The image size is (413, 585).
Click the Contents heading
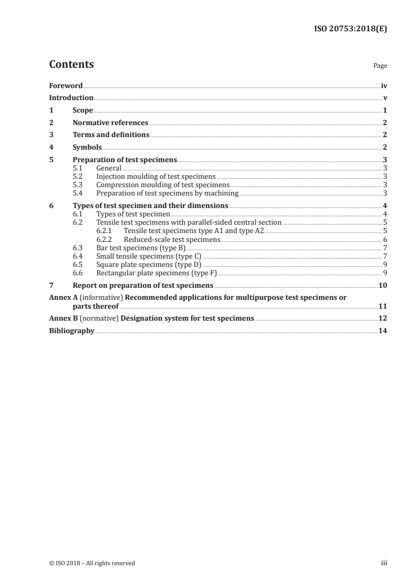(71, 65)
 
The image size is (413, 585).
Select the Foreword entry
(66, 86)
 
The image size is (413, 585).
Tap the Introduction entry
(71, 97)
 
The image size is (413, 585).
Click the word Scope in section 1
(83, 111)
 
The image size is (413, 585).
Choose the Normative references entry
(110, 123)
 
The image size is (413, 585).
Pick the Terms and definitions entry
(111, 135)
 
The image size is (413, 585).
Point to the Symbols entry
(87, 148)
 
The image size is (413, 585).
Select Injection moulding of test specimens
(156, 177)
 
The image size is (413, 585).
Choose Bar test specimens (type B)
(141, 248)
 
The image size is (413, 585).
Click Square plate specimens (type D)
(148, 264)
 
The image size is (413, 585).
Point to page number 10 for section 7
(382, 285)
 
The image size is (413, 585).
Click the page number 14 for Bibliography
(382, 331)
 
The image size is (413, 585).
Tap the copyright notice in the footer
(92, 563)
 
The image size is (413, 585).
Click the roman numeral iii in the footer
(384, 563)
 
